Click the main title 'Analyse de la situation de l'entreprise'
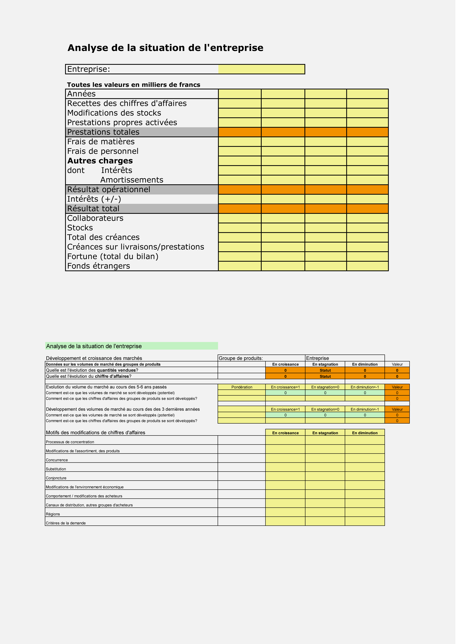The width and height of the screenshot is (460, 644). (x=167, y=48)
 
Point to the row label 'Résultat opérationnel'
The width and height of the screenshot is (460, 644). (x=110, y=191)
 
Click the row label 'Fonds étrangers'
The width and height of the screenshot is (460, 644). (x=99, y=268)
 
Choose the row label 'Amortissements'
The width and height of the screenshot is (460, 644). (x=133, y=182)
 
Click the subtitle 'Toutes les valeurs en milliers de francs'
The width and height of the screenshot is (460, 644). (x=135, y=86)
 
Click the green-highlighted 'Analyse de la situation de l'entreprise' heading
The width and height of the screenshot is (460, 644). (x=95, y=349)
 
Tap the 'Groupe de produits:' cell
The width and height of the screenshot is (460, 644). (x=243, y=361)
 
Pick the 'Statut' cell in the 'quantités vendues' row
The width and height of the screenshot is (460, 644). (x=328, y=374)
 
